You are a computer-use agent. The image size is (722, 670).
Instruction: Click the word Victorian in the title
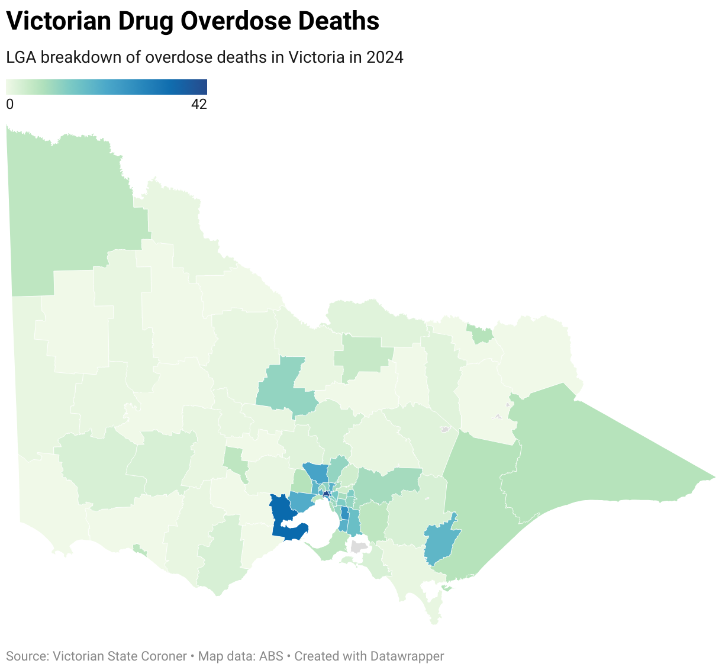point(59,21)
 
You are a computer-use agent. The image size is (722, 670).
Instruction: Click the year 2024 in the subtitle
point(385,57)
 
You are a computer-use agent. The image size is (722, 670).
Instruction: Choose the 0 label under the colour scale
point(9,104)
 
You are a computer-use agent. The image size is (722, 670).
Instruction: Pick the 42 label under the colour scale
point(199,104)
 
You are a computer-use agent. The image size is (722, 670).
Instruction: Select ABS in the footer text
point(271,656)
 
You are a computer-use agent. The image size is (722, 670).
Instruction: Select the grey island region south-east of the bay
point(357,546)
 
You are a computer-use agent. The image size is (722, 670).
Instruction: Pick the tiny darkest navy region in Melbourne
point(325,494)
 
